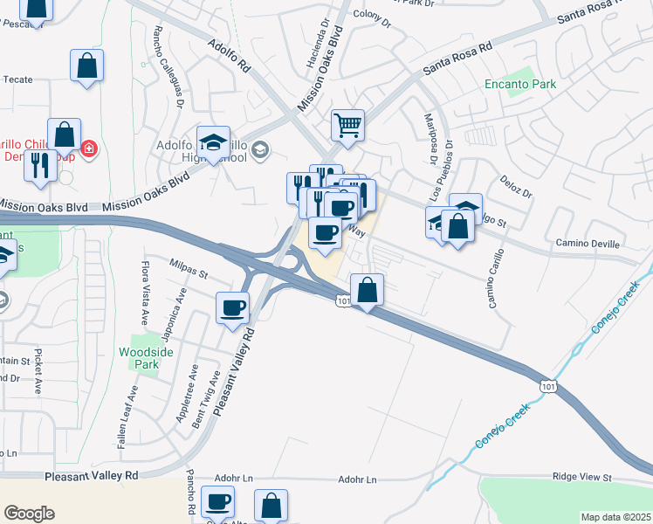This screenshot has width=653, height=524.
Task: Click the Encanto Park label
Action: (x=521, y=85)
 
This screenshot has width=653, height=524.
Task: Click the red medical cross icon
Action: (x=88, y=149)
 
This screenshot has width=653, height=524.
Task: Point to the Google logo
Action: (x=29, y=514)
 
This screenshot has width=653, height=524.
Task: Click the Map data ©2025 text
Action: (x=615, y=517)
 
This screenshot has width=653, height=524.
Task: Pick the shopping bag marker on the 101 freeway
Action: (x=368, y=289)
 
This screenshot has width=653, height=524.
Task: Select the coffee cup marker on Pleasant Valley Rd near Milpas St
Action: (x=233, y=307)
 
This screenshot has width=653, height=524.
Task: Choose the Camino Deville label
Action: (x=588, y=244)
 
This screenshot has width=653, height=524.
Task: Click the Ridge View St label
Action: (x=582, y=478)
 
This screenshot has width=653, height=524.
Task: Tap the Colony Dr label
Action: (x=373, y=15)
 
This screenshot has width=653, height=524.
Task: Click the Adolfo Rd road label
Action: (x=230, y=54)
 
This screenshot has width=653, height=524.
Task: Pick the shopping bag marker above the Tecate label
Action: (x=87, y=65)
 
